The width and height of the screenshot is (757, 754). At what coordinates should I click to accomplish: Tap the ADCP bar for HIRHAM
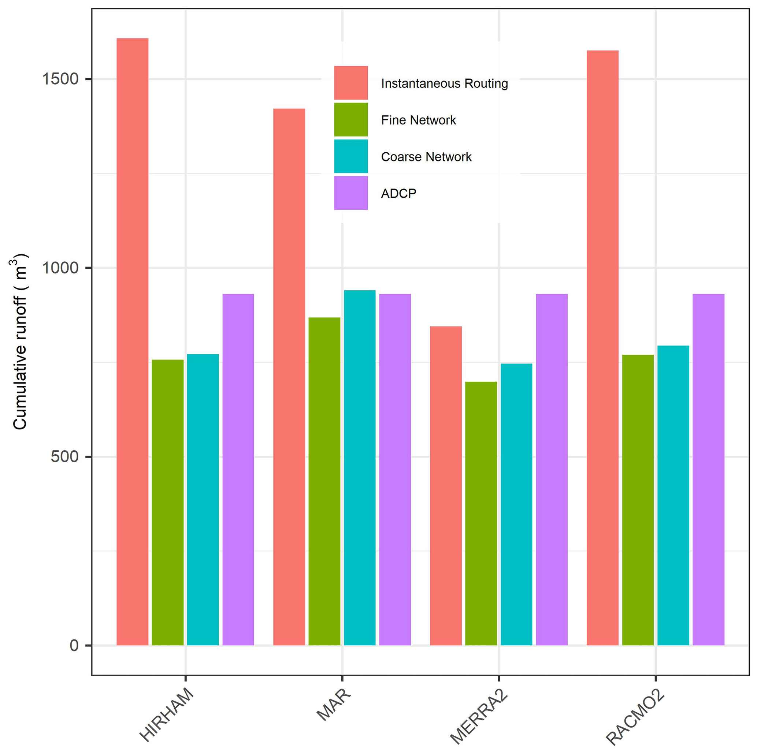click(238, 470)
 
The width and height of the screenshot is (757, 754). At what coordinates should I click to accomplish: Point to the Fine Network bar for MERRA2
click(481, 514)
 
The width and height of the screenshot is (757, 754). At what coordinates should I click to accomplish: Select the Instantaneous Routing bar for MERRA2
click(446, 486)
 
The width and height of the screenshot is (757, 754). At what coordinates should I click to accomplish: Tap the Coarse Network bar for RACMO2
click(673, 496)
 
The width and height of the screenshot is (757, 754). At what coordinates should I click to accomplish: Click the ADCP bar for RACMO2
click(708, 470)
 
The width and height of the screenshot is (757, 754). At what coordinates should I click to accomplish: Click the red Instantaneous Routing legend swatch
click(351, 83)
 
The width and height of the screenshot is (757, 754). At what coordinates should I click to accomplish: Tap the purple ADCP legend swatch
click(351, 193)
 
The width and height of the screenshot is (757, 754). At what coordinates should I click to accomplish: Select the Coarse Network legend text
click(426, 157)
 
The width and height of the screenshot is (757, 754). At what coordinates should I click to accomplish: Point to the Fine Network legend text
click(418, 120)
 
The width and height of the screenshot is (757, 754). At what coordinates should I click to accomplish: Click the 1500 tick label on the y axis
click(60, 79)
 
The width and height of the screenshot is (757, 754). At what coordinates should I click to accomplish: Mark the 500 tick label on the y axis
click(65, 457)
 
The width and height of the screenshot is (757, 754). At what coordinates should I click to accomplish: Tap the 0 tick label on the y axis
click(74, 646)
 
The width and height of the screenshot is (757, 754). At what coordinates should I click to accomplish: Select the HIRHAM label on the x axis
click(167, 714)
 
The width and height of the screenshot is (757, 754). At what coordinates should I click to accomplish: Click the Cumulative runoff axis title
click(19, 341)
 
